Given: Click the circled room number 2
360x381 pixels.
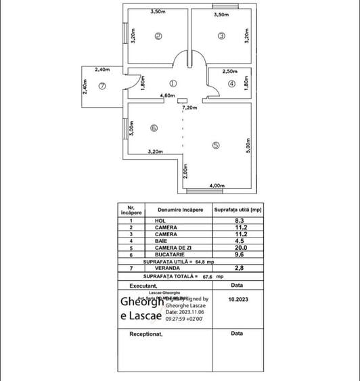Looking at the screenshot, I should click(158, 37).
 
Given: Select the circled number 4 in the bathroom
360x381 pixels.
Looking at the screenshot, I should click(231, 84).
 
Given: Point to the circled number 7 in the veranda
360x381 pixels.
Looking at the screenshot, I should click(102, 86).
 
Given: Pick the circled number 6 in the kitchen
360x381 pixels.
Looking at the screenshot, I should click(154, 127).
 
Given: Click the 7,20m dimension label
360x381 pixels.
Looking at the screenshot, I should click(189, 108).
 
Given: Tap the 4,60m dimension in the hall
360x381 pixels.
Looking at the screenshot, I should click(168, 96).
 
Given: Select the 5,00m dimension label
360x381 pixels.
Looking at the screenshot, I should click(248, 145).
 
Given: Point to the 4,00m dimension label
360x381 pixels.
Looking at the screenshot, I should click(217, 185).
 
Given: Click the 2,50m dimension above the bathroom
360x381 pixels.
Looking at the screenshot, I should click(229, 71).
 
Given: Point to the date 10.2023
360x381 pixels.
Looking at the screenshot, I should click(240, 298).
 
